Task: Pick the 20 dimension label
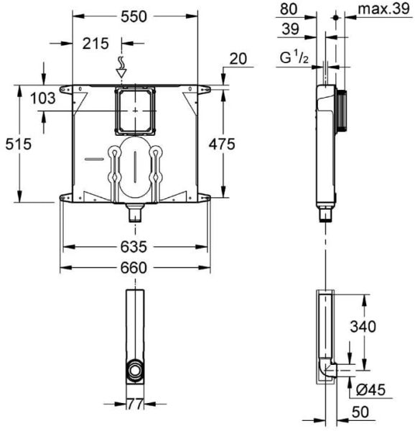(x=237, y=59)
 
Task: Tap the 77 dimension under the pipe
(x=134, y=405)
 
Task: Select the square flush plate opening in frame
(x=134, y=110)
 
